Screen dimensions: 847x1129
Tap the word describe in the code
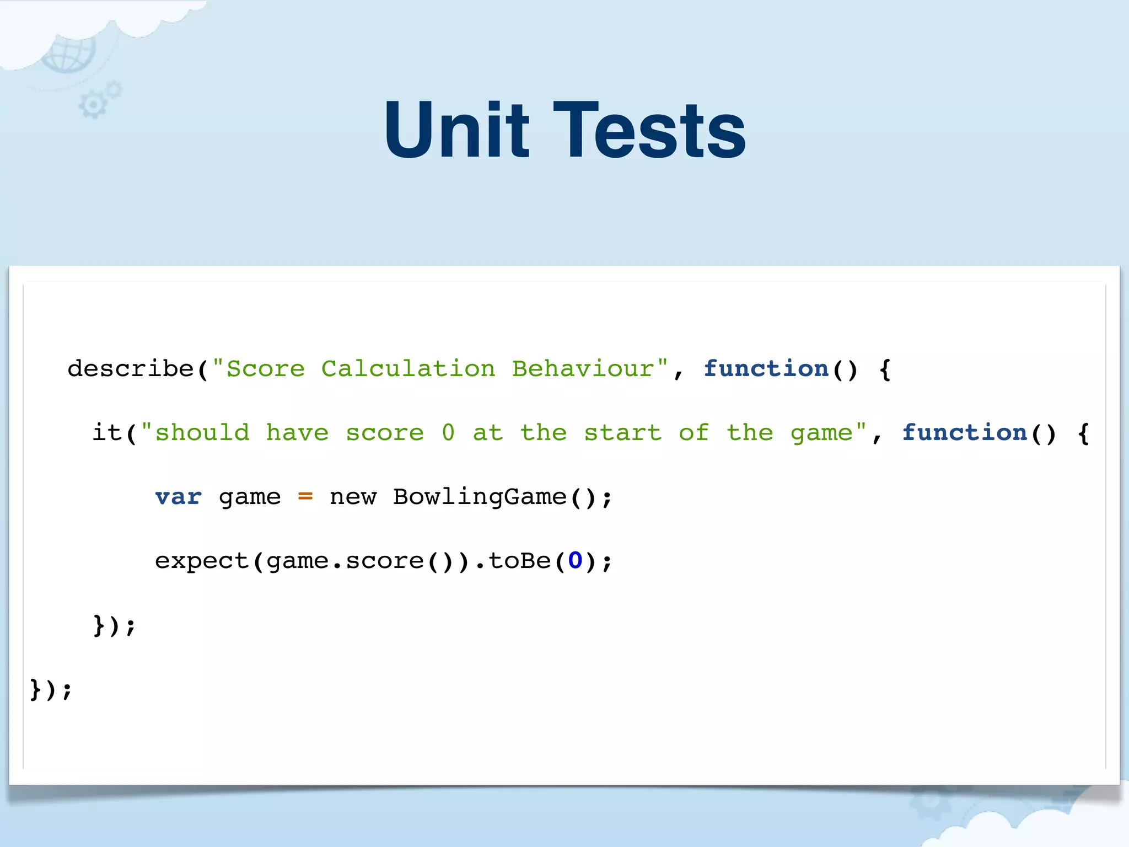click(x=131, y=368)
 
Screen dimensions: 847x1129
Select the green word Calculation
click(x=408, y=368)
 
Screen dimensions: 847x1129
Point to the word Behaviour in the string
click(x=583, y=368)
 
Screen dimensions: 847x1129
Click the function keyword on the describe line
click(x=766, y=368)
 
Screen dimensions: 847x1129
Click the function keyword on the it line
click(x=965, y=432)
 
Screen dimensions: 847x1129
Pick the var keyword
click(x=178, y=497)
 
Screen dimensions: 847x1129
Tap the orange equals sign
click(x=305, y=497)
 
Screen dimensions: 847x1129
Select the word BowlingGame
click(x=480, y=497)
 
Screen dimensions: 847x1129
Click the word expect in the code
click(x=202, y=561)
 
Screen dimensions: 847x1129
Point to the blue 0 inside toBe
click(x=575, y=561)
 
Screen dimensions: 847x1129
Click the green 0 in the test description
click(x=448, y=432)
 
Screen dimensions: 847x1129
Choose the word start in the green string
click(x=623, y=432)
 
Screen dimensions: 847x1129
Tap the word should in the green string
click(x=202, y=432)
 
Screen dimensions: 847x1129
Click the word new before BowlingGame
click(x=353, y=497)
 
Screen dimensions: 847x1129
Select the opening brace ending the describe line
click(x=885, y=368)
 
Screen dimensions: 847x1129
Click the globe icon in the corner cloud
click(x=69, y=54)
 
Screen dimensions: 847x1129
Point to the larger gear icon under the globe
click(x=92, y=105)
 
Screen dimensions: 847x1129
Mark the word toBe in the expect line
click(x=520, y=561)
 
